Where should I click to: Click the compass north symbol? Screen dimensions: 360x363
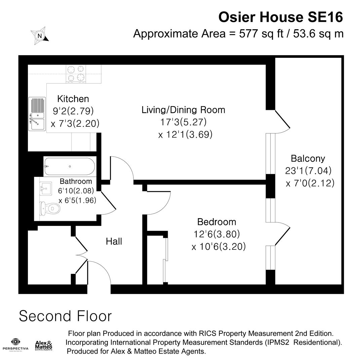point(40,36)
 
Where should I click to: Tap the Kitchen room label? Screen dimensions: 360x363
point(73,99)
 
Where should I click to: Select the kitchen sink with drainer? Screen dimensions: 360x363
point(37,114)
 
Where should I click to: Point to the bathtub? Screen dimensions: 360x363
point(70,166)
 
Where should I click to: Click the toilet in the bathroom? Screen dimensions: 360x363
point(49,209)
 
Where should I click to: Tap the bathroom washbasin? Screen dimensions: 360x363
point(45,188)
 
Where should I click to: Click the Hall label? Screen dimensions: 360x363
point(114,241)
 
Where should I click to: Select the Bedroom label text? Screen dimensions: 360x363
point(217,222)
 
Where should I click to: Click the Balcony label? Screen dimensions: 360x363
point(308,159)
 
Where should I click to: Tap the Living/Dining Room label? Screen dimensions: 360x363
point(183,110)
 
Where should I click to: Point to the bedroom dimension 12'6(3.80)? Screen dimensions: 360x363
point(217,234)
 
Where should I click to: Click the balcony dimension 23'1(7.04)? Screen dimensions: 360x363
point(308,171)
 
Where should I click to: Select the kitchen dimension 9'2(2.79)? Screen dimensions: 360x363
point(73,111)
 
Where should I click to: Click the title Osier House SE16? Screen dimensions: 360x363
point(281,17)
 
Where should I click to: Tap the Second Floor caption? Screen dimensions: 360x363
point(66,316)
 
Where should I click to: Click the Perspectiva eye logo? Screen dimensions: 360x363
point(15,341)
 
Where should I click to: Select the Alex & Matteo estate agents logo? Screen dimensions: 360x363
point(43,346)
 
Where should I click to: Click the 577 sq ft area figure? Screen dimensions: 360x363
point(262,34)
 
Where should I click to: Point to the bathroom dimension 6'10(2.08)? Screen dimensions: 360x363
point(76,191)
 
